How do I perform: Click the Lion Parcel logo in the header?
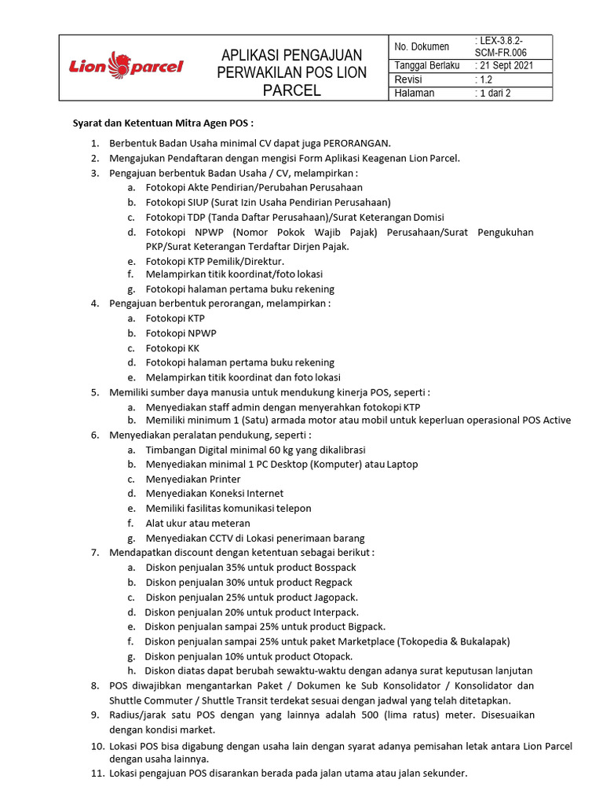point(126,66)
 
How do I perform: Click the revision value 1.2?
point(488,79)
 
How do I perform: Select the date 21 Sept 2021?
point(510,66)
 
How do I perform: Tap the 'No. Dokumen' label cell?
point(422,47)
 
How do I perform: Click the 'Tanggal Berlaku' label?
point(426,66)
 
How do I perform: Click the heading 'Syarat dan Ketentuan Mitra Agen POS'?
point(163,124)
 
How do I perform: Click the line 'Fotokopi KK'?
point(172,348)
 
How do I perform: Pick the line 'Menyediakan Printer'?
point(193,479)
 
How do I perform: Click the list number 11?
point(96,774)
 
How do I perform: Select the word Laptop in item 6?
point(403,465)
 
